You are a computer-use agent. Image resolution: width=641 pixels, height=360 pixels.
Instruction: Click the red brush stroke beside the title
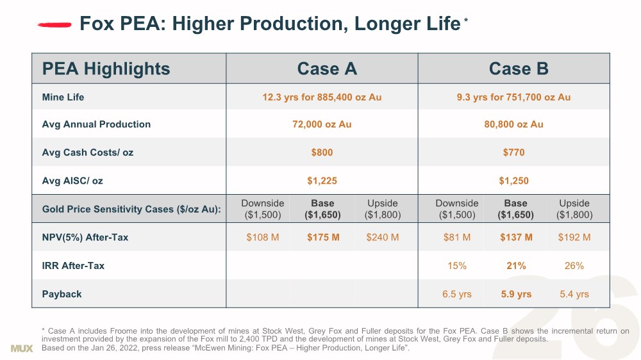point(54,24)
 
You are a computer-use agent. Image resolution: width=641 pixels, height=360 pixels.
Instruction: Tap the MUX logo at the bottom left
point(22,348)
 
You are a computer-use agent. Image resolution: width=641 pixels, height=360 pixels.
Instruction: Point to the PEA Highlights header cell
point(106,69)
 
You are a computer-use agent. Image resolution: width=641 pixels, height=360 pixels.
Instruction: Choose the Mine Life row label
point(63,97)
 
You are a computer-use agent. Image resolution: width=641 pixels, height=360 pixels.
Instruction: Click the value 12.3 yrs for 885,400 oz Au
point(322,97)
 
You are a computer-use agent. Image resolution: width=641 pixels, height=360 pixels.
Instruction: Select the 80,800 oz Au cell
point(513,124)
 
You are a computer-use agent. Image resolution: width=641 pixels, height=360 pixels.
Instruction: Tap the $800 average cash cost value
point(322,152)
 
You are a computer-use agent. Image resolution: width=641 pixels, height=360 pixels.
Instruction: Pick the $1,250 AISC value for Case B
point(513,181)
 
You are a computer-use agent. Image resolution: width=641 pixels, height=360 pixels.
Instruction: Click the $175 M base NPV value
point(323,237)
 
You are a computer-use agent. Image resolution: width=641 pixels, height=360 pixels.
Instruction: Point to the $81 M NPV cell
point(457,237)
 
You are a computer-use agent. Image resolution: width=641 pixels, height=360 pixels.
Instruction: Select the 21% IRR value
point(516,265)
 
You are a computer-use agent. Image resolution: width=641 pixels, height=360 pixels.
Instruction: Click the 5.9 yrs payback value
point(516,294)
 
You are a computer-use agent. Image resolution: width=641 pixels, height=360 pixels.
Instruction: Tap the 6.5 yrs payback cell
point(457,294)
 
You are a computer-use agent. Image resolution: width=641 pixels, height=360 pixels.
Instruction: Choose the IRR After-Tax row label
point(73,265)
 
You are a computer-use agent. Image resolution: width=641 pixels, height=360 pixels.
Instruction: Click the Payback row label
point(62,294)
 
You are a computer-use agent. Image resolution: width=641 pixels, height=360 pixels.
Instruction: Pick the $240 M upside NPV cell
point(383,237)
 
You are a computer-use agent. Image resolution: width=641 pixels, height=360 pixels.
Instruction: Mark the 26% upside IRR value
point(574,265)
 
